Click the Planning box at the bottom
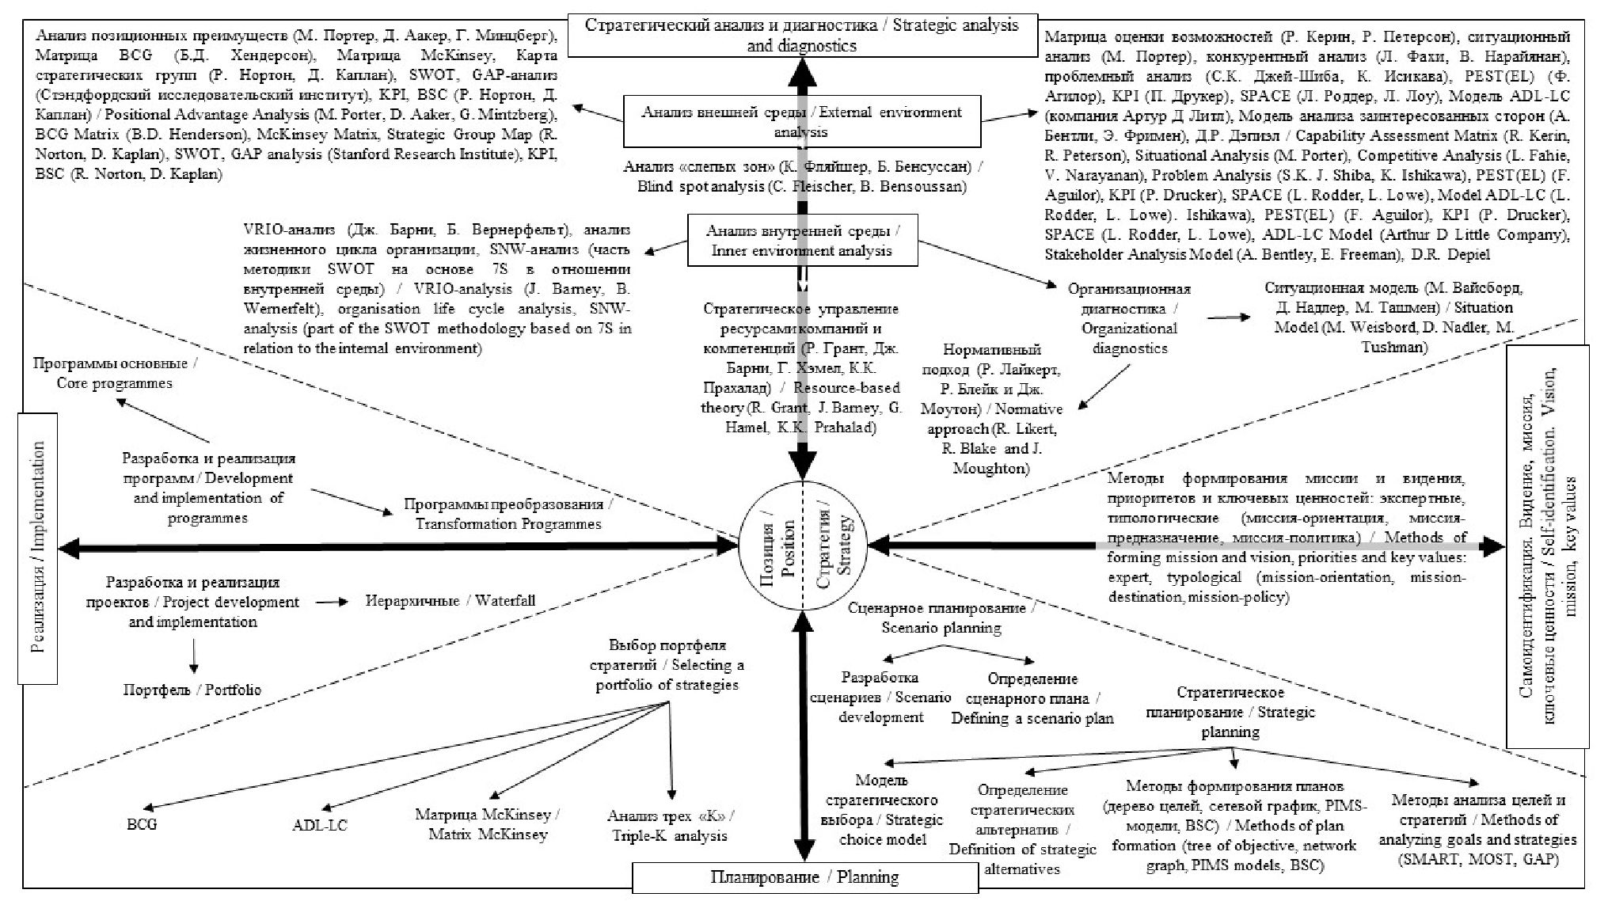(x=804, y=877)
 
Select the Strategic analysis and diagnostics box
(x=801, y=35)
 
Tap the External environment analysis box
(x=801, y=121)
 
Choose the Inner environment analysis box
(x=802, y=241)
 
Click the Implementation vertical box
(x=38, y=547)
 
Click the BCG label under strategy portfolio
(x=143, y=824)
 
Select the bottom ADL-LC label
(x=319, y=825)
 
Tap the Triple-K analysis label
(x=670, y=825)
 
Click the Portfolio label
(x=192, y=690)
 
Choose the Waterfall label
(x=450, y=601)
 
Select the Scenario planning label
(x=941, y=618)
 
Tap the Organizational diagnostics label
(x=1129, y=318)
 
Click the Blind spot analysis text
(x=801, y=177)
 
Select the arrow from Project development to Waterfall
(x=331, y=603)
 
